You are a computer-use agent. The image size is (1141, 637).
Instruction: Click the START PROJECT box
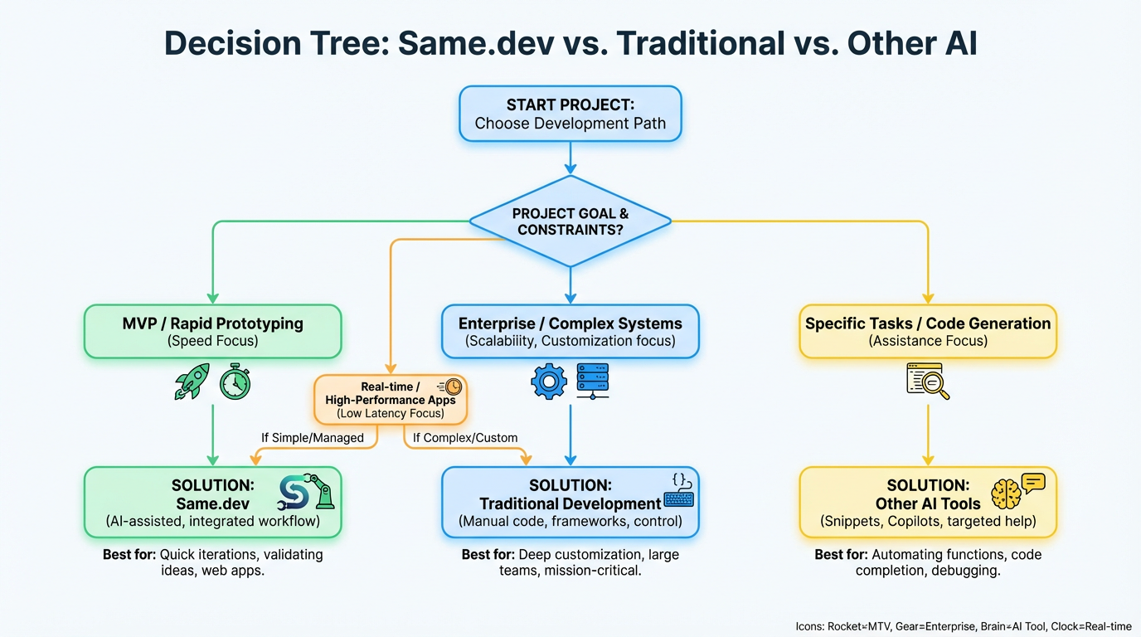570,114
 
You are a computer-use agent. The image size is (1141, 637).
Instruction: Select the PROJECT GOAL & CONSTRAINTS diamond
570,221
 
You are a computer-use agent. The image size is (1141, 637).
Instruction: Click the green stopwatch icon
235,382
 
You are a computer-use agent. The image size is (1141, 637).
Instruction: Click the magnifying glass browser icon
928,382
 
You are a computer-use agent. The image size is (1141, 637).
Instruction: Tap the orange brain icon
1006,494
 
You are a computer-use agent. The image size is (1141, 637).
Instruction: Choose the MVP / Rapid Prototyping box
213,331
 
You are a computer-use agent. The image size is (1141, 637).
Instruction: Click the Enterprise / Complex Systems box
570,331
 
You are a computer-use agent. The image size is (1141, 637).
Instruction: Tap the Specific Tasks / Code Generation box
927,331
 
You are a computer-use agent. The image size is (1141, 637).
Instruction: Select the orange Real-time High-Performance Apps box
391,400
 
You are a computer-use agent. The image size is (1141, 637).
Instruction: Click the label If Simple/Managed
313,437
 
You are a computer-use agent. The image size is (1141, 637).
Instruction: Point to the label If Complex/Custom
464,437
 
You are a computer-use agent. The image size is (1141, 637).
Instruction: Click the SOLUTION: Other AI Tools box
927,502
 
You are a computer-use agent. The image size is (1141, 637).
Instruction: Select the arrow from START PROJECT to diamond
570,157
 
